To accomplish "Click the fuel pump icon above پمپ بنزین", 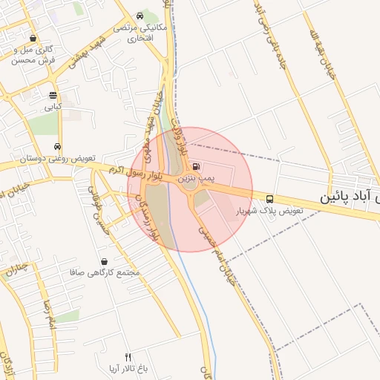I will click(195, 167).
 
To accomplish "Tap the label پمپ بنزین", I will click(196, 179).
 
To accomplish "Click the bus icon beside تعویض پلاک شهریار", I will click(269, 199).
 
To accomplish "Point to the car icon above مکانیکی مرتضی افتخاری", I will click(140, 16).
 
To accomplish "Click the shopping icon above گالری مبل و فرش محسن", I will click(32, 39).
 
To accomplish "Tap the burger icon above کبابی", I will click(52, 95).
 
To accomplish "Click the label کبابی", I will click(52, 107).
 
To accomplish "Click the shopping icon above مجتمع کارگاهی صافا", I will click(103, 261).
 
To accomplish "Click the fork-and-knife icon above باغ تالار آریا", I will click(128, 357).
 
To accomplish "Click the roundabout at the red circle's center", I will click(191, 189).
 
